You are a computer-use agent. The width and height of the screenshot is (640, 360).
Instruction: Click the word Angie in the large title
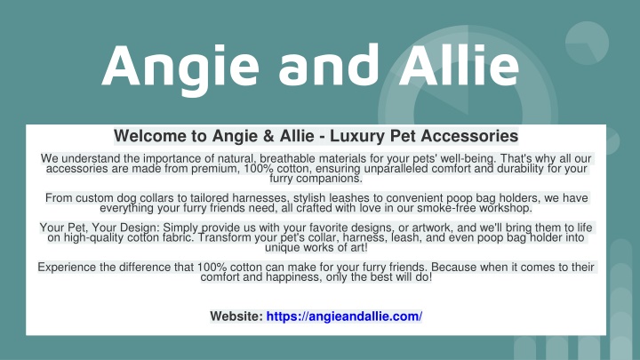pyautogui.click(x=180, y=68)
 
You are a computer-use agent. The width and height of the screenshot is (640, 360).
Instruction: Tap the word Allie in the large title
pyautogui.click(x=459, y=65)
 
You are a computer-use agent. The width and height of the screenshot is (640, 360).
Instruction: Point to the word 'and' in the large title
pyautogui.click(x=329, y=65)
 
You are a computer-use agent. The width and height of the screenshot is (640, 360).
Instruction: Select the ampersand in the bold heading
pyautogui.click(x=268, y=136)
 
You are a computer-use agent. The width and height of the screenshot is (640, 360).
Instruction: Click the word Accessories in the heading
pyautogui.click(x=454, y=136)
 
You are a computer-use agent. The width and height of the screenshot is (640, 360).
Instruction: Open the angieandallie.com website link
pyautogui.click(x=344, y=316)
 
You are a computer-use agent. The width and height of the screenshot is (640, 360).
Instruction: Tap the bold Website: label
pyautogui.click(x=236, y=316)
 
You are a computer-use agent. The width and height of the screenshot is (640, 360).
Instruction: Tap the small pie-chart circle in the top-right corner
pyautogui.click(x=587, y=44)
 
